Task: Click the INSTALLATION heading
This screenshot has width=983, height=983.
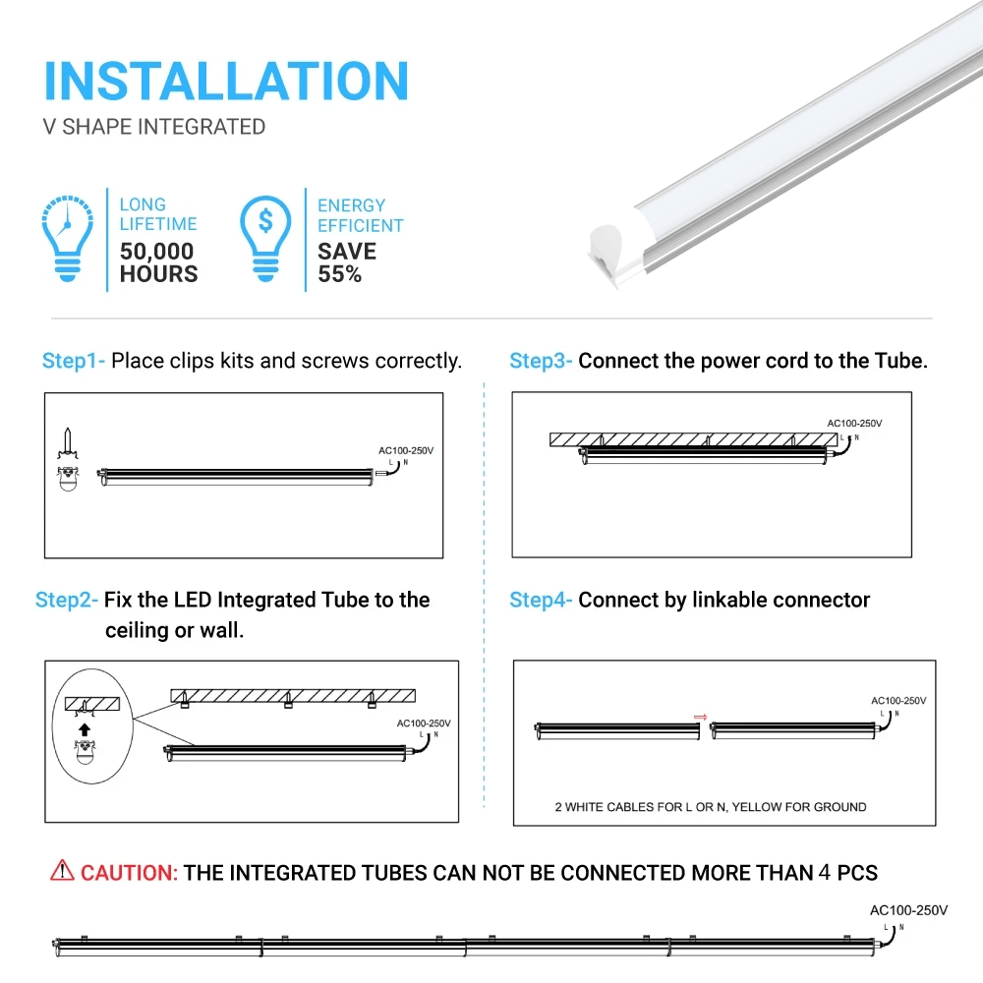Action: pyautogui.click(x=226, y=81)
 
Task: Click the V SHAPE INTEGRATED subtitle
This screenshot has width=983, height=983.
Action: pyautogui.click(x=154, y=127)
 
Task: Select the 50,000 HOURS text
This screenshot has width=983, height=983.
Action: pyautogui.click(x=158, y=262)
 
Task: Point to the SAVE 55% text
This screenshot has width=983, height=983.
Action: pyautogui.click(x=346, y=262)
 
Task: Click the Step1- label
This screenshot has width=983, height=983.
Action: pyautogui.click(x=73, y=361)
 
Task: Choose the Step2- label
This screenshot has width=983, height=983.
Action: pyautogui.click(x=66, y=600)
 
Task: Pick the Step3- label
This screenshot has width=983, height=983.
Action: pyautogui.click(x=540, y=361)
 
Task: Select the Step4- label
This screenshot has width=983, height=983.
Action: pyautogui.click(x=540, y=600)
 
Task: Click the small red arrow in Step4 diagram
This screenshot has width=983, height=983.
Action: pyautogui.click(x=701, y=717)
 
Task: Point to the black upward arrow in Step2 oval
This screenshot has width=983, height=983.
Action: pyautogui.click(x=85, y=729)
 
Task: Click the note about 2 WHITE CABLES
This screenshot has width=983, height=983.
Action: pyautogui.click(x=711, y=807)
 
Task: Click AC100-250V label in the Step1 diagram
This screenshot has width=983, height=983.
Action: pyautogui.click(x=405, y=450)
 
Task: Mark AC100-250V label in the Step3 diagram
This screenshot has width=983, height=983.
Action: pyautogui.click(x=853, y=424)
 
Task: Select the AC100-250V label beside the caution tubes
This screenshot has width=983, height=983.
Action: pyautogui.click(x=908, y=910)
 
